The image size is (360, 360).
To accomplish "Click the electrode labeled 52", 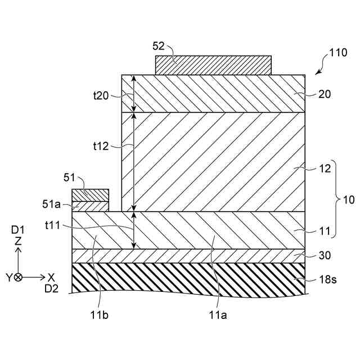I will (214, 65).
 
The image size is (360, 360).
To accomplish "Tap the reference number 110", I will (338, 55).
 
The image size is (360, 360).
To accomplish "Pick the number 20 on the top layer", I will (325, 94).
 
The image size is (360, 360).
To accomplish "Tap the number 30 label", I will (325, 255).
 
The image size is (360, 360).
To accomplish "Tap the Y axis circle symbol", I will (19, 277).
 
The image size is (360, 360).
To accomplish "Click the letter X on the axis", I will (51, 277).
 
